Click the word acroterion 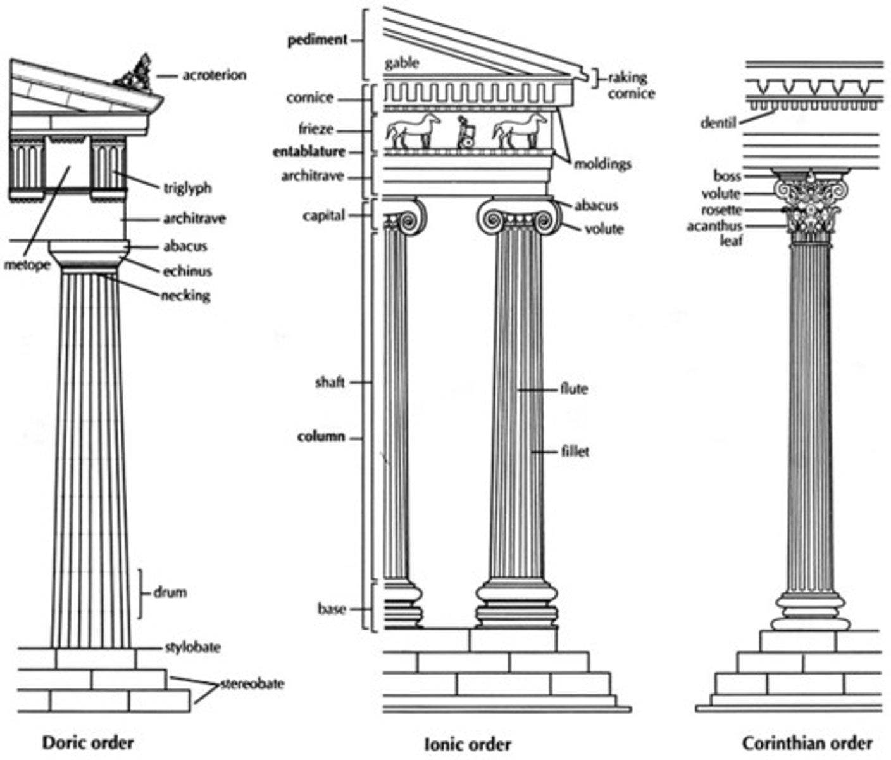pyautogui.click(x=214, y=75)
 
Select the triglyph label pyautogui.click(x=187, y=188)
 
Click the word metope pyautogui.click(x=27, y=265)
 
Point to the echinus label pyautogui.click(x=187, y=272)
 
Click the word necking pyautogui.click(x=185, y=296)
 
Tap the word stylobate pyautogui.click(x=192, y=648)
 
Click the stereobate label pyautogui.click(x=252, y=684)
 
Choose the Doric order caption pyautogui.click(x=88, y=742)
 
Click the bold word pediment pyautogui.click(x=317, y=40)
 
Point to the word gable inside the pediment pyautogui.click(x=401, y=63)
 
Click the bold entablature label pyautogui.click(x=309, y=152)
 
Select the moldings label pyautogui.click(x=602, y=165)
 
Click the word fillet pyautogui.click(x=575, y=452)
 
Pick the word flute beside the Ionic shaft pyautogui.click(x=573, y=389)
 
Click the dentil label pyautogui.click(x=718, y=123)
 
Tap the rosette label pyautogui.click(x=721, y=210)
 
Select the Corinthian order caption pyautogui.click(x=807, y=743)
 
